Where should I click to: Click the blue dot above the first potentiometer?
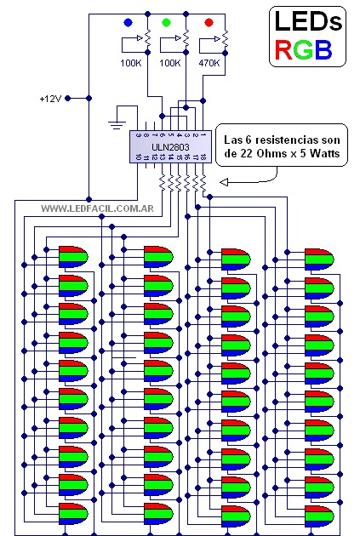point(128,21)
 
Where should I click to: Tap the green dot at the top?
point(168,21)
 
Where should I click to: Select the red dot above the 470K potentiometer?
point(209,21)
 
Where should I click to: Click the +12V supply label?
point(50,98)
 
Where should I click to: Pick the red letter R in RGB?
point(286,50)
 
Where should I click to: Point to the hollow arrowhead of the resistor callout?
point(223,182)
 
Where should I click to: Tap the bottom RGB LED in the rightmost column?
point(319,515)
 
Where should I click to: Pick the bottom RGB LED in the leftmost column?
point(71,515)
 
